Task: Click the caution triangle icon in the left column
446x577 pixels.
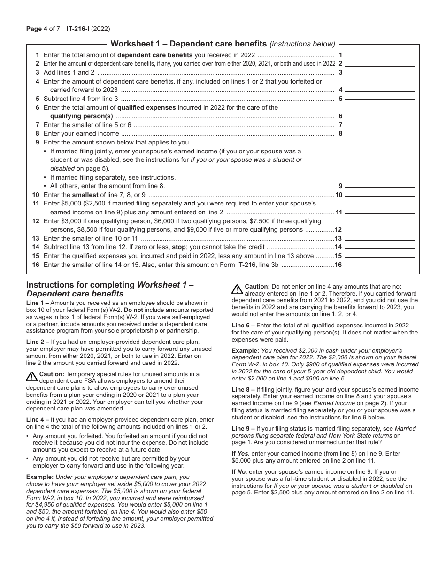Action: [x=31, y=376]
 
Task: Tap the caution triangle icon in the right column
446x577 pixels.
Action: [x=237, y=288]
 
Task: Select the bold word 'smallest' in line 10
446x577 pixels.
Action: [x=85, y=195]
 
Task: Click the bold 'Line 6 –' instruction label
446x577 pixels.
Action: [x=243, y=325]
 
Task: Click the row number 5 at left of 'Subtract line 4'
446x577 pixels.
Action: [x=38, y=99]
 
